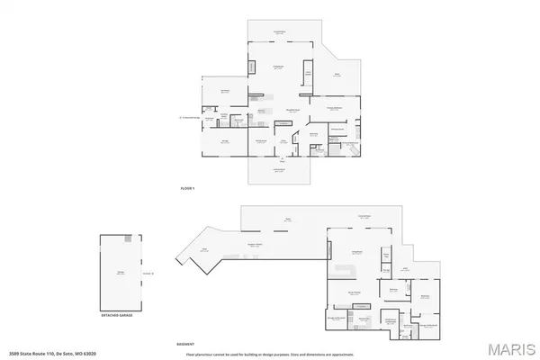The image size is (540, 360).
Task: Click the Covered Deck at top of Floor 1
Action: point(280,32)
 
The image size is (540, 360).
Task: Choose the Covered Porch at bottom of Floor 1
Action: point(280,170)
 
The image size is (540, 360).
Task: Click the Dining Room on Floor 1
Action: point(262,141)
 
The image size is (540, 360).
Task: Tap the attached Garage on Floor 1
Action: point(225,141)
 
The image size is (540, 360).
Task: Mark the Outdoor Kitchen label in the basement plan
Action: point(255,246)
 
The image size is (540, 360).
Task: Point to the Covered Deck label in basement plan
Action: point(364,217)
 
